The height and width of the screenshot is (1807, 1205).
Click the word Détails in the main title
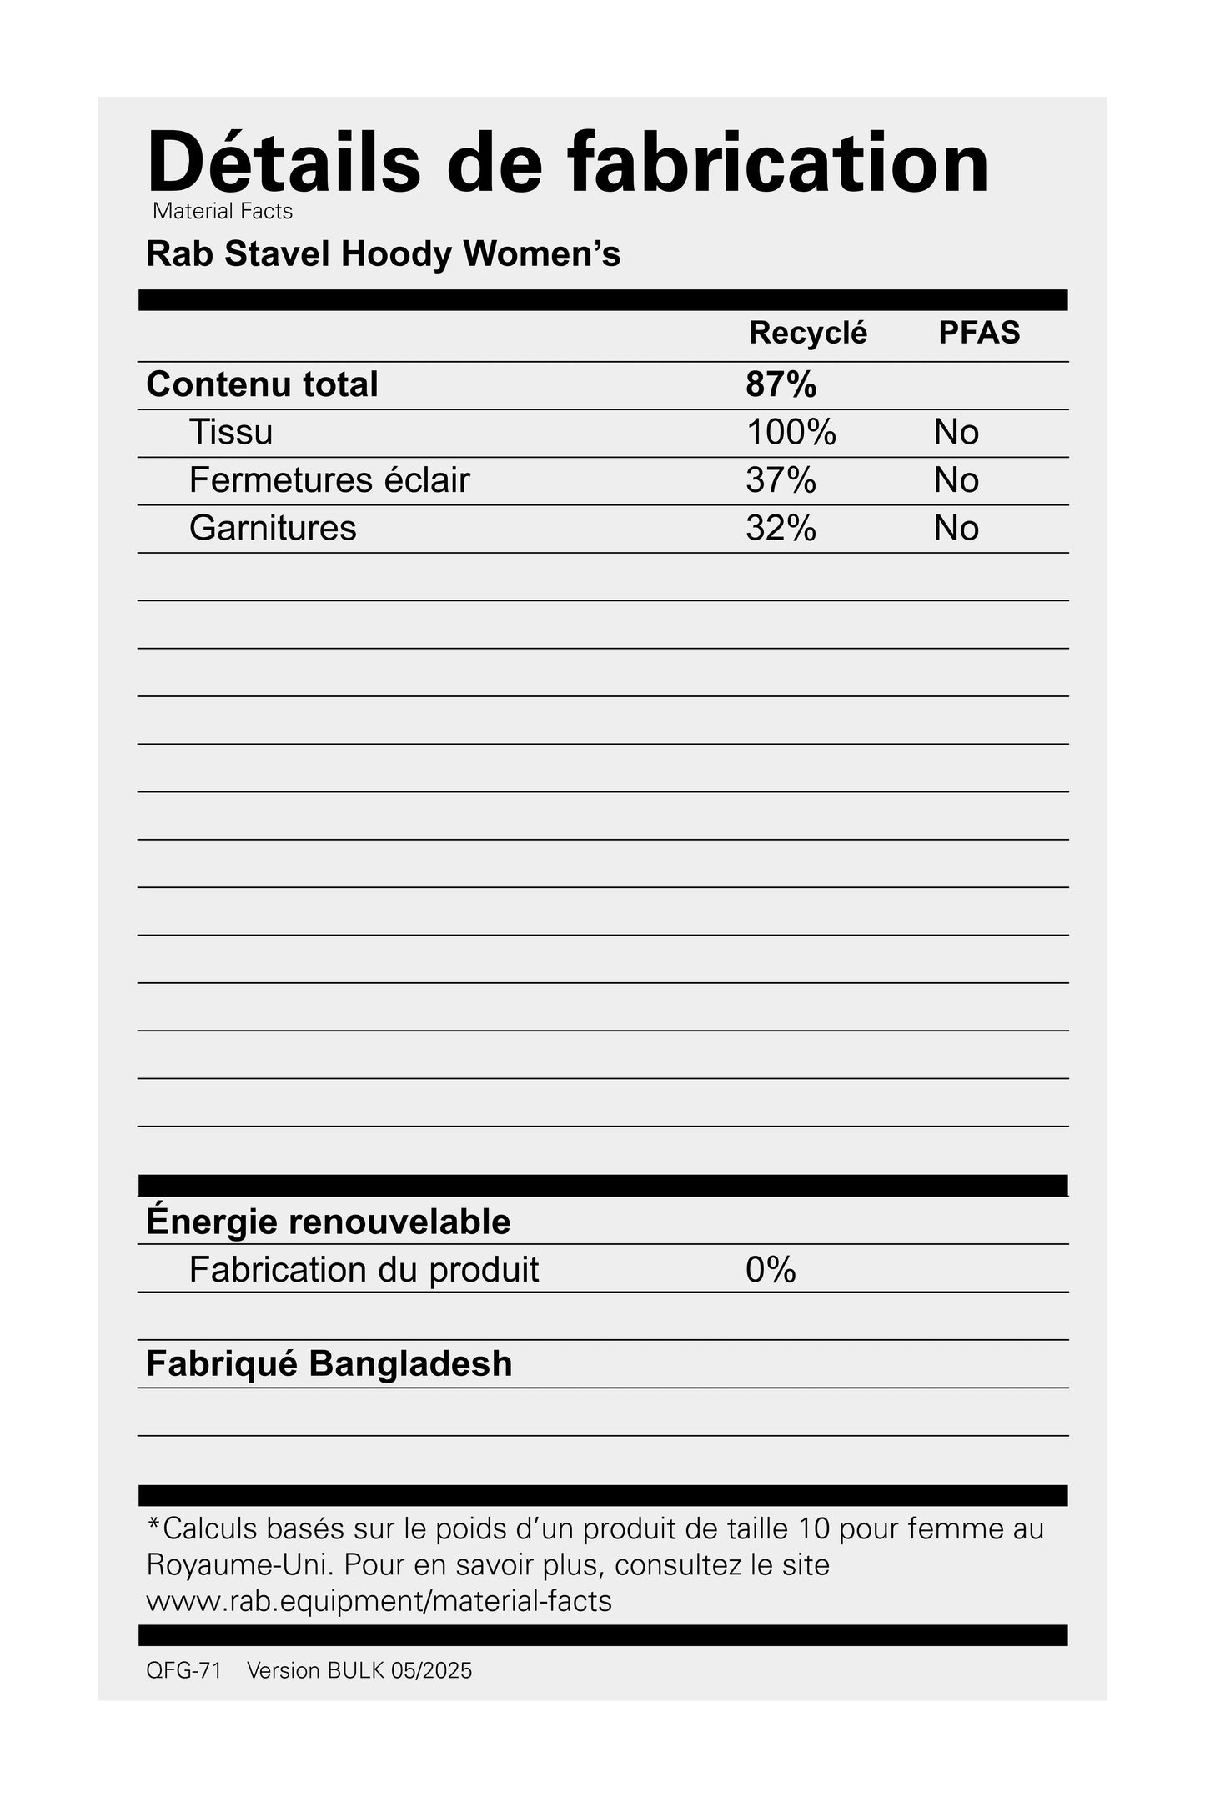284,163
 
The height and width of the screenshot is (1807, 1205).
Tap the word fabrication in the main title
779,163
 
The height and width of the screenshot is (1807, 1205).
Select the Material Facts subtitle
223,212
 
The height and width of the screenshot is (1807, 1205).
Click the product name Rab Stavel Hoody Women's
383,254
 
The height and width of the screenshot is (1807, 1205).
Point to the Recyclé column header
807,333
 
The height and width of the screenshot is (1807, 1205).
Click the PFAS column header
979,333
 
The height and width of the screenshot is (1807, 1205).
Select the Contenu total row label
262,384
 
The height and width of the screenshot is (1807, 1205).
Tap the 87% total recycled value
781,384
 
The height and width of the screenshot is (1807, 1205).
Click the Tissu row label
231,432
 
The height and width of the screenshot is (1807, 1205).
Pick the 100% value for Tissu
791,432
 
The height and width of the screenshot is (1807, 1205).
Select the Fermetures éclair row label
329,480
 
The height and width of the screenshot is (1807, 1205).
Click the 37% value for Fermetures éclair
781,480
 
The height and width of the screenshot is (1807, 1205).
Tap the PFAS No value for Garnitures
956,528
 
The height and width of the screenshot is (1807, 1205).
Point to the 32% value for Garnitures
781,528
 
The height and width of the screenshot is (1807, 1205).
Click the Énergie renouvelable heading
328,1222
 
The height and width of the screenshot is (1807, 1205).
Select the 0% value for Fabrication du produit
771,1270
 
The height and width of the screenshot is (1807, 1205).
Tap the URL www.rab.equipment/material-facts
379,1601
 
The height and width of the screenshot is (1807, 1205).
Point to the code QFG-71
183,1671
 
